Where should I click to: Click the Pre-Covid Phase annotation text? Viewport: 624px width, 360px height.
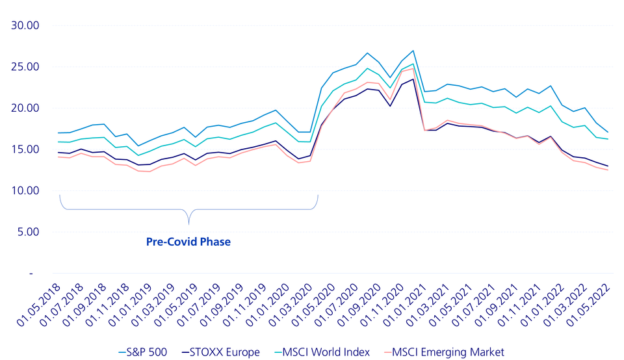187,242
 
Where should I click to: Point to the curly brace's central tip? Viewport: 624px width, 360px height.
188,223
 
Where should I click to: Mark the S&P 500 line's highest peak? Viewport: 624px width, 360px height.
413,51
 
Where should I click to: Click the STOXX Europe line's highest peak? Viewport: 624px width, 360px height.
413,79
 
